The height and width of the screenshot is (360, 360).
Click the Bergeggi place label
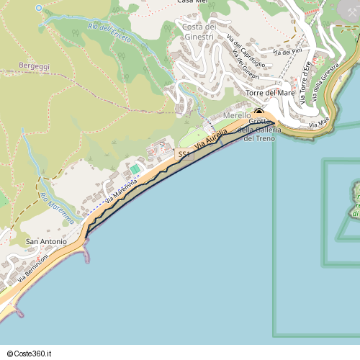click(x=35, y=66)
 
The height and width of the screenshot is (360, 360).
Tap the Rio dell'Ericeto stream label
click(x=109, y=32)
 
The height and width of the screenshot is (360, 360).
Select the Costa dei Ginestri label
click(x=199, y=32)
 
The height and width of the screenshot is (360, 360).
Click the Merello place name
click(x=237, y=115)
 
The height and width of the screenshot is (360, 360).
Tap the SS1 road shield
click(x=184, y=155)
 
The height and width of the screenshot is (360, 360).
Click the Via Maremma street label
click(x=120, y=191)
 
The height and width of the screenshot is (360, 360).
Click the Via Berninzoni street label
click(x=33, y=267)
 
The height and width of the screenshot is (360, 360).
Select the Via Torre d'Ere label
click(x=305, y=84)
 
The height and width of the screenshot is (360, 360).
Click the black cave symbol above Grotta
click(x=258, y=112)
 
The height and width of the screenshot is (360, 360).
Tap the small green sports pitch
click(x=135, y=168)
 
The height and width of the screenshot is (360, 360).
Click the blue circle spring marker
click(x=39, y=8)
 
